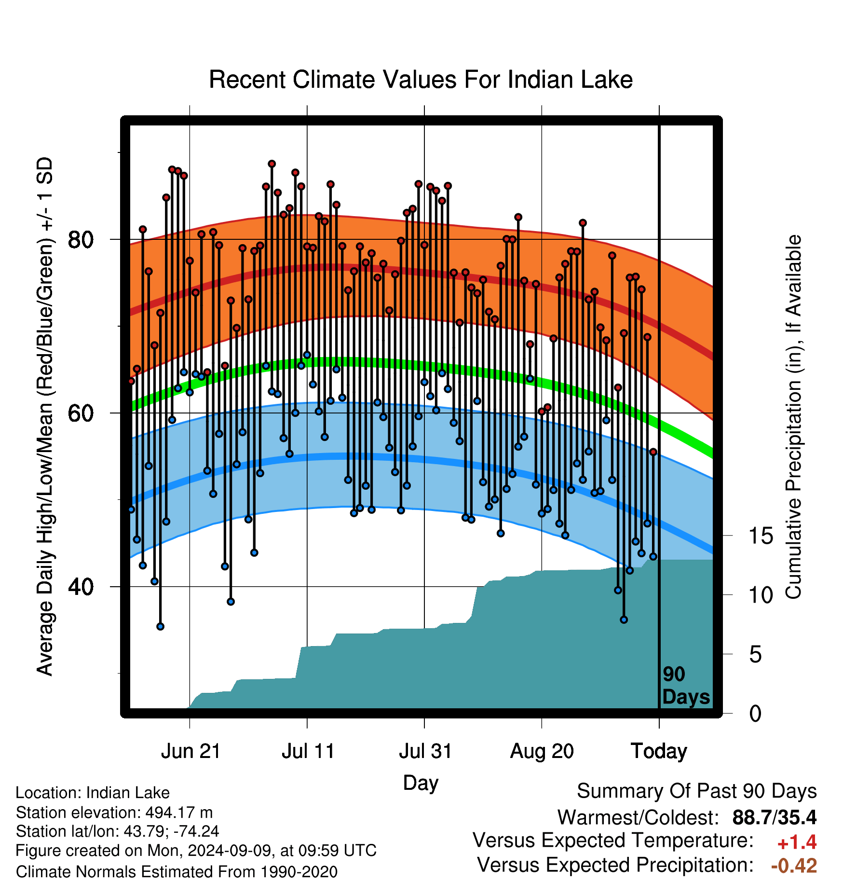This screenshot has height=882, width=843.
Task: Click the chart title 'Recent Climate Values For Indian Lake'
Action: click(421, 80)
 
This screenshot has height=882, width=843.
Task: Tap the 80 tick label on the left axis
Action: click(81, 239)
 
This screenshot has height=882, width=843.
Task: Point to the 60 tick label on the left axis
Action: click(81, 413)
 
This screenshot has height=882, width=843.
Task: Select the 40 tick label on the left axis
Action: click(81, 587)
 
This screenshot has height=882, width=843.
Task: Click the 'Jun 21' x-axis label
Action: click(190, 751)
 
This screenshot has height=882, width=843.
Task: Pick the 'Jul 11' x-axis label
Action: click(308, 751)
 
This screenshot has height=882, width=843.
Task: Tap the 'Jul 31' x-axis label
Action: click(425, 751)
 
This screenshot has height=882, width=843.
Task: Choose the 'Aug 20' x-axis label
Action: click(542, 751)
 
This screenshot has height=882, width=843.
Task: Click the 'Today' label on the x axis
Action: click(659, 751)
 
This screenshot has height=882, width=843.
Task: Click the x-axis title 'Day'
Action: click(421, 783)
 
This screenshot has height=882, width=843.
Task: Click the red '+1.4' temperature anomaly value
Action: click(797, 842)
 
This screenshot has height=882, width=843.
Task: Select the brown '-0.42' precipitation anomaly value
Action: click(794, 866)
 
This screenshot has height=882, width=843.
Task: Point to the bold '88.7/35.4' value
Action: click(775, 817)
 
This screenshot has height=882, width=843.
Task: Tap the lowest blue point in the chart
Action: click(160, 626)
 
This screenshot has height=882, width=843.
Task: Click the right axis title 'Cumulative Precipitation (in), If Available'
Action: click(793, 417)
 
